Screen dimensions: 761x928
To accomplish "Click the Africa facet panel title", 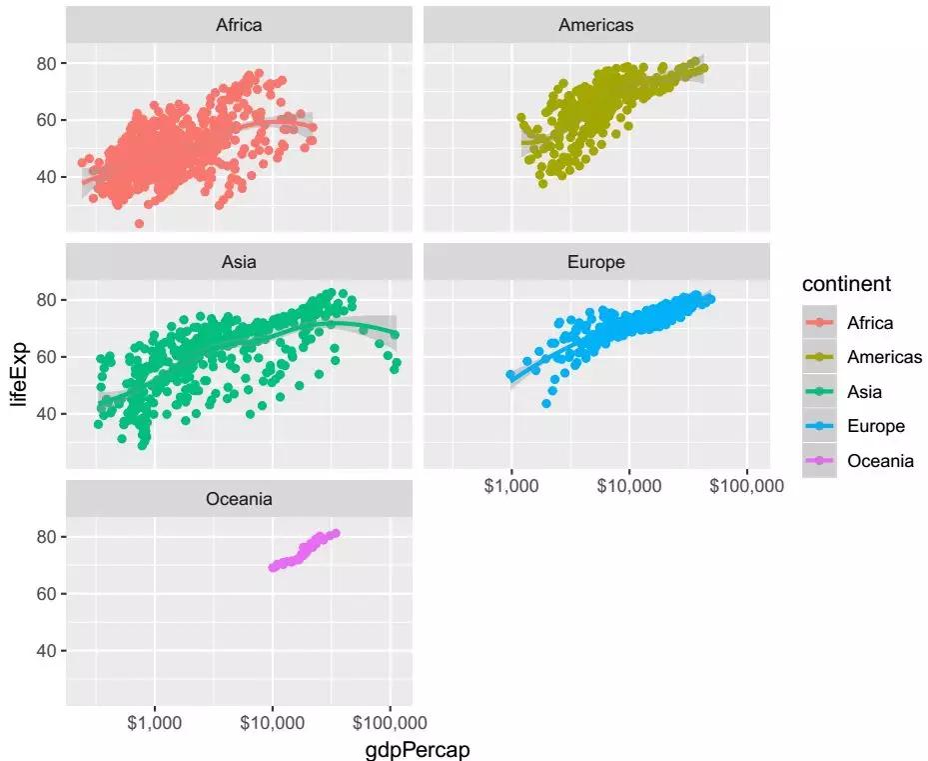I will pos(239,25).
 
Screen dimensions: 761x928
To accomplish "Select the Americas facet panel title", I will pos(595,25).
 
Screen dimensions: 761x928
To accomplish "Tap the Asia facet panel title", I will pos(239,262).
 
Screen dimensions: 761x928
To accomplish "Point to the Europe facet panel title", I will pos(595,262).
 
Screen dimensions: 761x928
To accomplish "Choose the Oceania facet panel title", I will pos(239,499).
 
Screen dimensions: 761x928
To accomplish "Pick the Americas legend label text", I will pos(884,357).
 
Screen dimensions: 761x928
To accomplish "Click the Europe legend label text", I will pos(875,426).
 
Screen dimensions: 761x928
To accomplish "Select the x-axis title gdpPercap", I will pos(418,749).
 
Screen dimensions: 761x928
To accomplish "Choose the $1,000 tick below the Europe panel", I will pos(511,487).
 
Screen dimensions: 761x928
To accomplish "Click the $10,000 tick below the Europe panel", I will pos(628,487).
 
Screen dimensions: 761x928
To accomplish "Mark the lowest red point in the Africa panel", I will pos(139,223).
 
